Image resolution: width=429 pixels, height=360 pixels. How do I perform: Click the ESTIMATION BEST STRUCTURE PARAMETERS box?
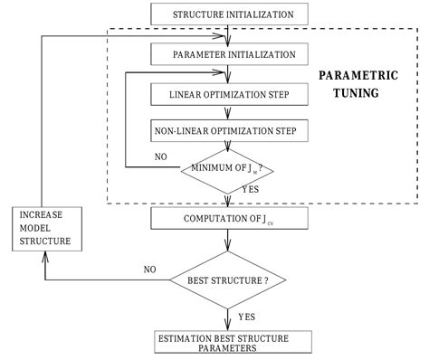pyautogui.click(x=234, y=343)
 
